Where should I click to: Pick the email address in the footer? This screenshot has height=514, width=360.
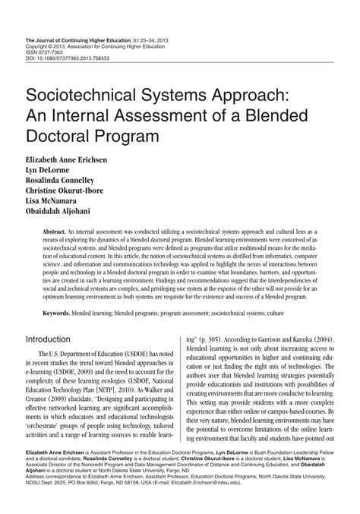[x=298, y=500]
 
